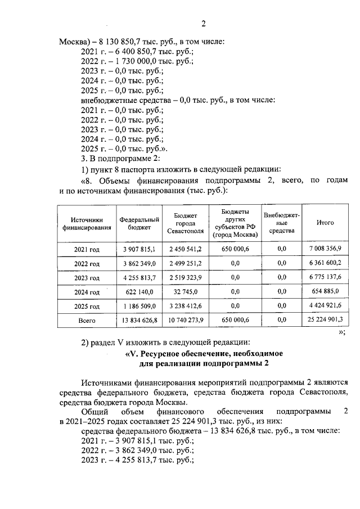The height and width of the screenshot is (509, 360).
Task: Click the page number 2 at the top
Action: tap(204, 24)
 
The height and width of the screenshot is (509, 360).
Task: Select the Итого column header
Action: tap(325, 223)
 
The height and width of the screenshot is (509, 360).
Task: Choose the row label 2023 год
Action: tap(87, 278)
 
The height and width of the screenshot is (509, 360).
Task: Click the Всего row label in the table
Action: tap(87, 320)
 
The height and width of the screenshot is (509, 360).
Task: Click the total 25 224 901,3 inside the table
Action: tap(326, 319)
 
